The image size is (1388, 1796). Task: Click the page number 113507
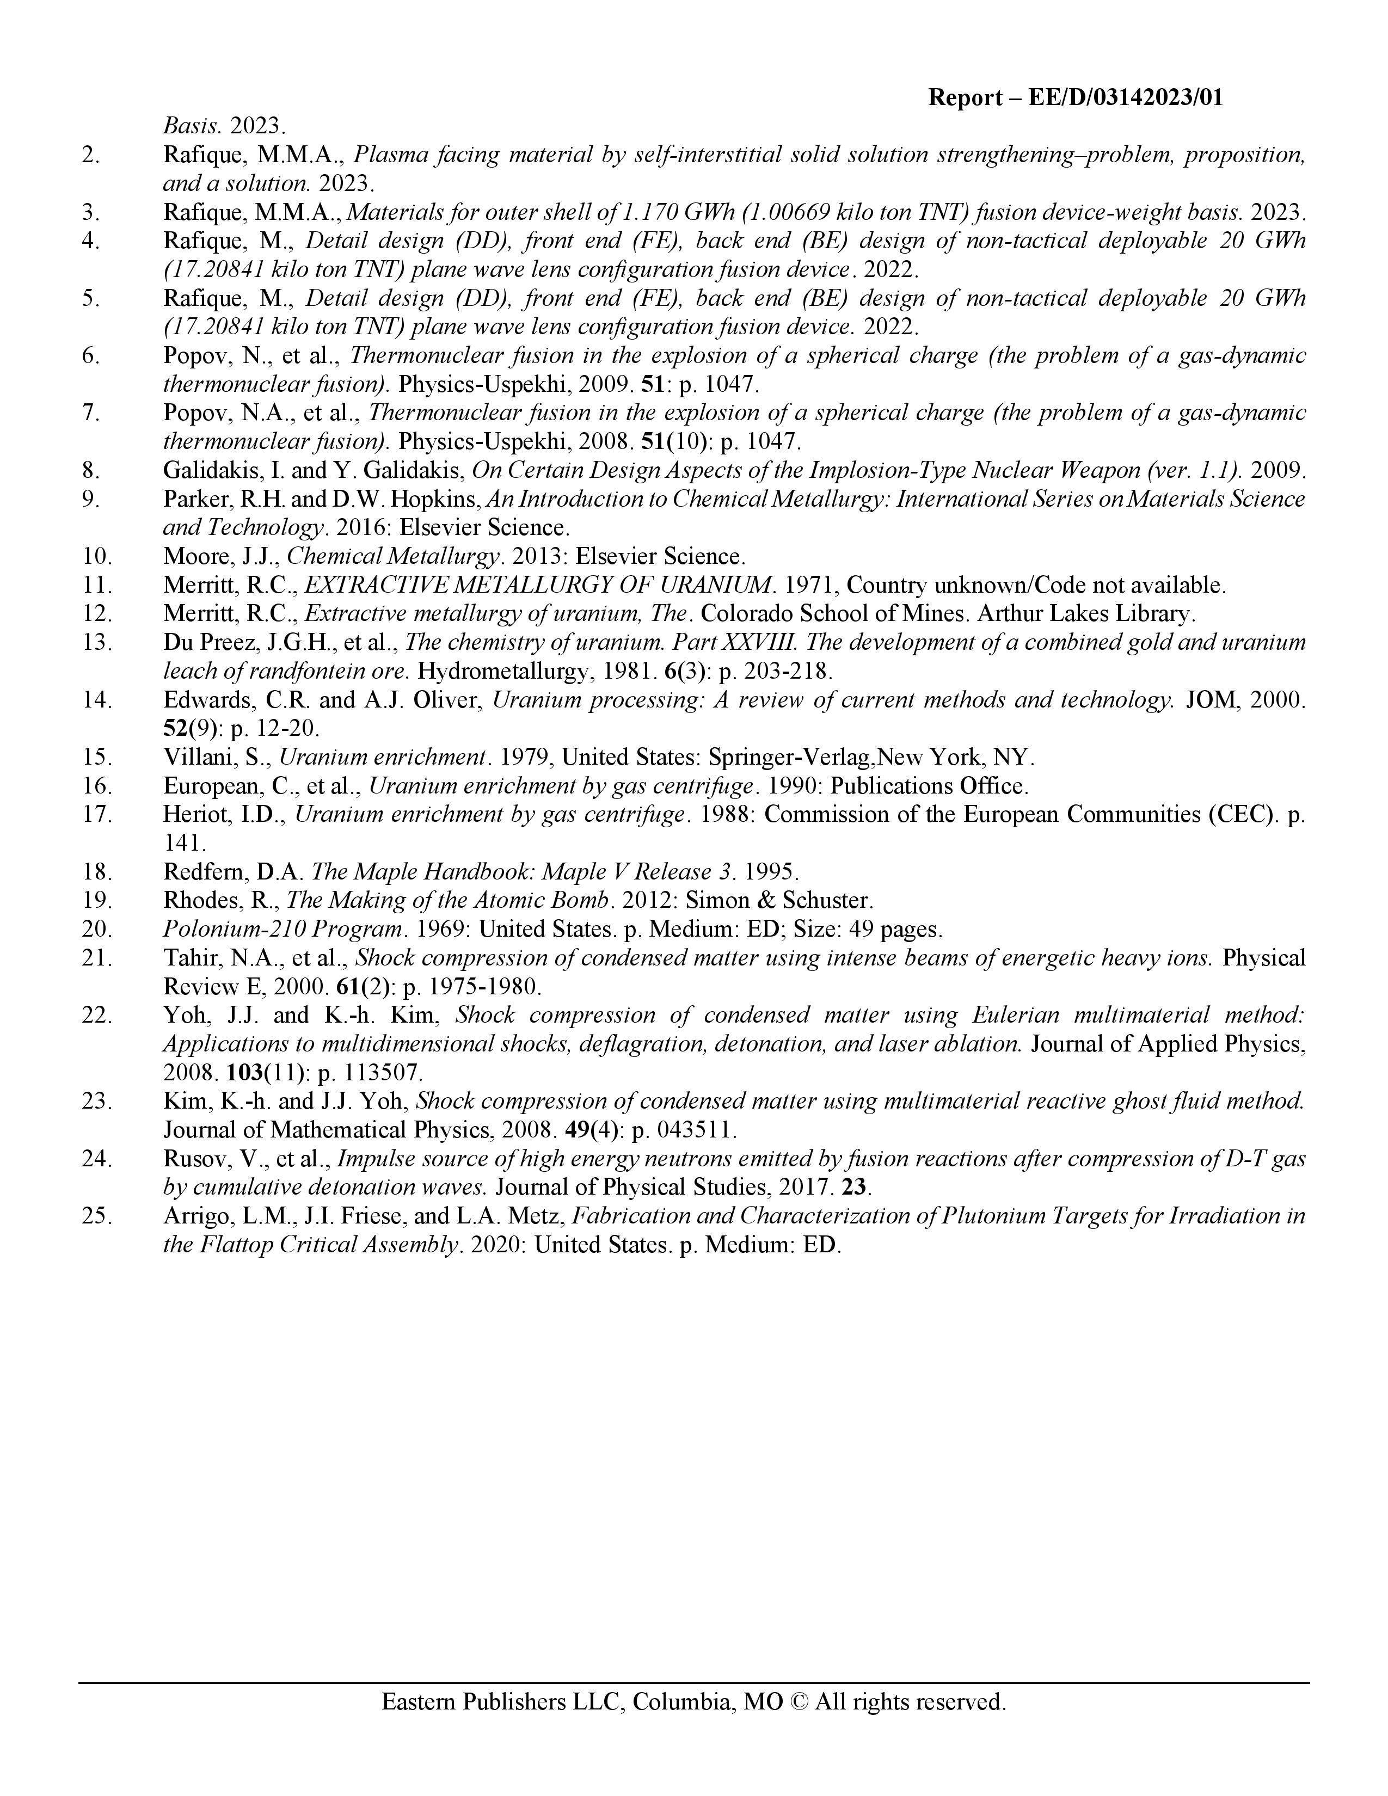tap(377, 1072)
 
